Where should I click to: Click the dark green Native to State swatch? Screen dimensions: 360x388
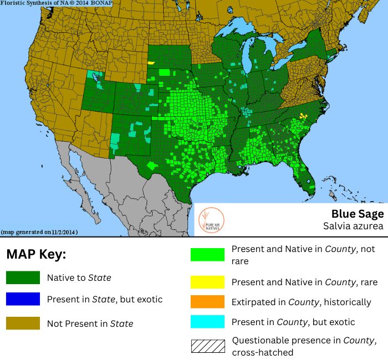(x=23, y=277)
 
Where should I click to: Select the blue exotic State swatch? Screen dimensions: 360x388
(x=23, y=299)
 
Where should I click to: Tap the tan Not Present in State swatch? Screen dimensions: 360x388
(x=23, y=323)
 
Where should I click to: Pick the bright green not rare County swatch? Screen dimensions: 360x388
(x=208, y=254)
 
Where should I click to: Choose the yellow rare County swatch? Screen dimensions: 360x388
(x=208, y=282)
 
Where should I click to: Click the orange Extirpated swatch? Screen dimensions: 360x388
(x=208, y=302)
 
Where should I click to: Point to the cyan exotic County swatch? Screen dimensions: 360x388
(x=208, y=322)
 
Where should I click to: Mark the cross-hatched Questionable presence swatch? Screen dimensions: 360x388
(x=208, y=346)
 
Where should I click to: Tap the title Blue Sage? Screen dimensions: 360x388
(x=358, y=214)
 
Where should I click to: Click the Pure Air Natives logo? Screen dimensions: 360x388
(x=211, y=219)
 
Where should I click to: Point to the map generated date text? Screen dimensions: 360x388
(x=39, y=232)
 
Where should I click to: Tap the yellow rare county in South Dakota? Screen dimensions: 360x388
(x=151, y=63)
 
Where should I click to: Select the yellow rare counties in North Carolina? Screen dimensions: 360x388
(x=303, y=116)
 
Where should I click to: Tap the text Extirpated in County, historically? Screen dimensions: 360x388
(x=301, y=302)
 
